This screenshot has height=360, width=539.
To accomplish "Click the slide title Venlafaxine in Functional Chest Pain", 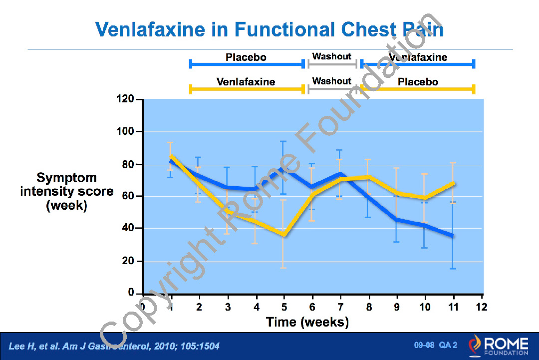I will [269, 29].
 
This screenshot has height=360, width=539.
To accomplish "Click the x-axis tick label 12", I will [482, 307].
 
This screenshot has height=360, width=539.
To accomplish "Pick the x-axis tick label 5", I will [284, 307].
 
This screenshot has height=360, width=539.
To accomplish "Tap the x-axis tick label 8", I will [369, 307].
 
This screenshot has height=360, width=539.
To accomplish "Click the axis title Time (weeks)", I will [307, 322].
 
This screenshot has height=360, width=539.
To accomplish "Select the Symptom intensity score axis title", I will [67, 192].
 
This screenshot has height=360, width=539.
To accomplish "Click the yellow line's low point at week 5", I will [283, 235].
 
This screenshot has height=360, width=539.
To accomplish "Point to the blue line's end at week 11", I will [453, 236].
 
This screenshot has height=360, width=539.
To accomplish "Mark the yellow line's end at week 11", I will [453, 183].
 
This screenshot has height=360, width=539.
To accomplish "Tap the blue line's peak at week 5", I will [283, 168].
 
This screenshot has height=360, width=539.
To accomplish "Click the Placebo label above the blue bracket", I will [246, 57].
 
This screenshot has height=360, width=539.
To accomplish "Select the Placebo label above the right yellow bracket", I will [418, 81].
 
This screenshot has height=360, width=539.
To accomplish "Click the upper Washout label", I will [332, 56].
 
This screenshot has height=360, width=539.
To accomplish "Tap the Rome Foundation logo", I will [498, 346].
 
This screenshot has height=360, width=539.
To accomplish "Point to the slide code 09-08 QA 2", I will [435, 345].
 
